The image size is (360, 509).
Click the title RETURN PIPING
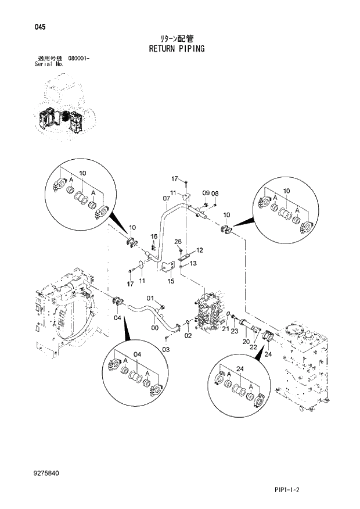[179, 49]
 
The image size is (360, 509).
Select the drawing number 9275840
[46, 474]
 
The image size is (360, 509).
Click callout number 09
[206, 193]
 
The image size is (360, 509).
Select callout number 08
[215, 193]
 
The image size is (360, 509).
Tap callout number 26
[178, 241]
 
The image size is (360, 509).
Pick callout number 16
[154, 236]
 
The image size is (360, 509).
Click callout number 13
[193, 263]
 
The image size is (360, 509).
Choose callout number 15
[171, 281]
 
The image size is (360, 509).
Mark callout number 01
[149, 299]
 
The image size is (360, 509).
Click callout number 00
[154, 328]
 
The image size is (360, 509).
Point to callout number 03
[165, 349]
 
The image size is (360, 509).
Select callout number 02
[188, 335]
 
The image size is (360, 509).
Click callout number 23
[234, 332]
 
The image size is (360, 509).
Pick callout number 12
[199, 250]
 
